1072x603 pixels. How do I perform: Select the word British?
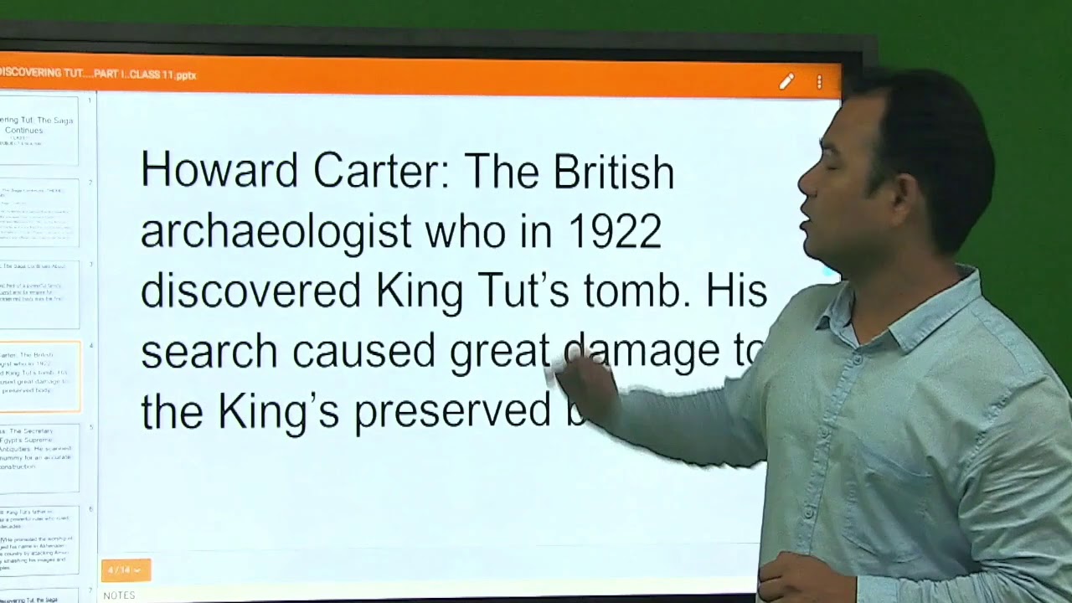(x=613, y=171)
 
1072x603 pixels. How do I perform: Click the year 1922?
(x=615, y=231)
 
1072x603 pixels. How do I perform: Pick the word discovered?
(x=250, y=291)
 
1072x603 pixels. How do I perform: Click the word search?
(x=209, y=351)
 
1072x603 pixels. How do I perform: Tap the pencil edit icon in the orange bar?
(x=786, y=81)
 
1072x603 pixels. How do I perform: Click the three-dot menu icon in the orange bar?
(x=819, y=81)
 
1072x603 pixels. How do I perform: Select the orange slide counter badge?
(x=126, y=570)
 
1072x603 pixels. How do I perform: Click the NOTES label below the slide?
(x=119, y=595)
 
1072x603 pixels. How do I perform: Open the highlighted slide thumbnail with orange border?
(x=39, y=376)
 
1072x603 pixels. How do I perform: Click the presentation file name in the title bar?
(x=100, y=74)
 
